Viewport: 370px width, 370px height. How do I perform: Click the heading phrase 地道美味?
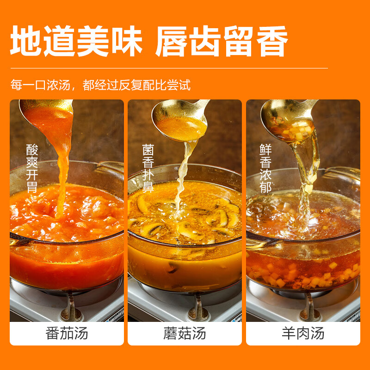tap(76, 41)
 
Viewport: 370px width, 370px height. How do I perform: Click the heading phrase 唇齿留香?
tap(222, 41)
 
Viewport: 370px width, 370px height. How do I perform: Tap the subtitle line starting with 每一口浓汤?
tap(100, 85)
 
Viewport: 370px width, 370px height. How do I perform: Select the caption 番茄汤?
tap(67, 333)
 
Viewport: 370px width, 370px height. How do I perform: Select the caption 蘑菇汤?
tap(185, 333)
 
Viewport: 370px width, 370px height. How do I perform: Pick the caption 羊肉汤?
tap(303, 333)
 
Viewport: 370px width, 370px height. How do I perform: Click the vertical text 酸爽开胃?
tap(32, 168)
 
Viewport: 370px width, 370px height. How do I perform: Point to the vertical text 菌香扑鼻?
tap(148, 168)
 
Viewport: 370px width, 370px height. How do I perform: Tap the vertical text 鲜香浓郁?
tap(265, 168)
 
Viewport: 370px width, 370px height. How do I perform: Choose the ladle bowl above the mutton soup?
tap(288, 121)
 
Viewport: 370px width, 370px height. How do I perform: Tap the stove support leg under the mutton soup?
tap(310, 307)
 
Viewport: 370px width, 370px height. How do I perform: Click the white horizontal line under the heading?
tap(169, 68)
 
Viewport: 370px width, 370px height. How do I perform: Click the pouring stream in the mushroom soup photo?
tap(183, 179)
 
